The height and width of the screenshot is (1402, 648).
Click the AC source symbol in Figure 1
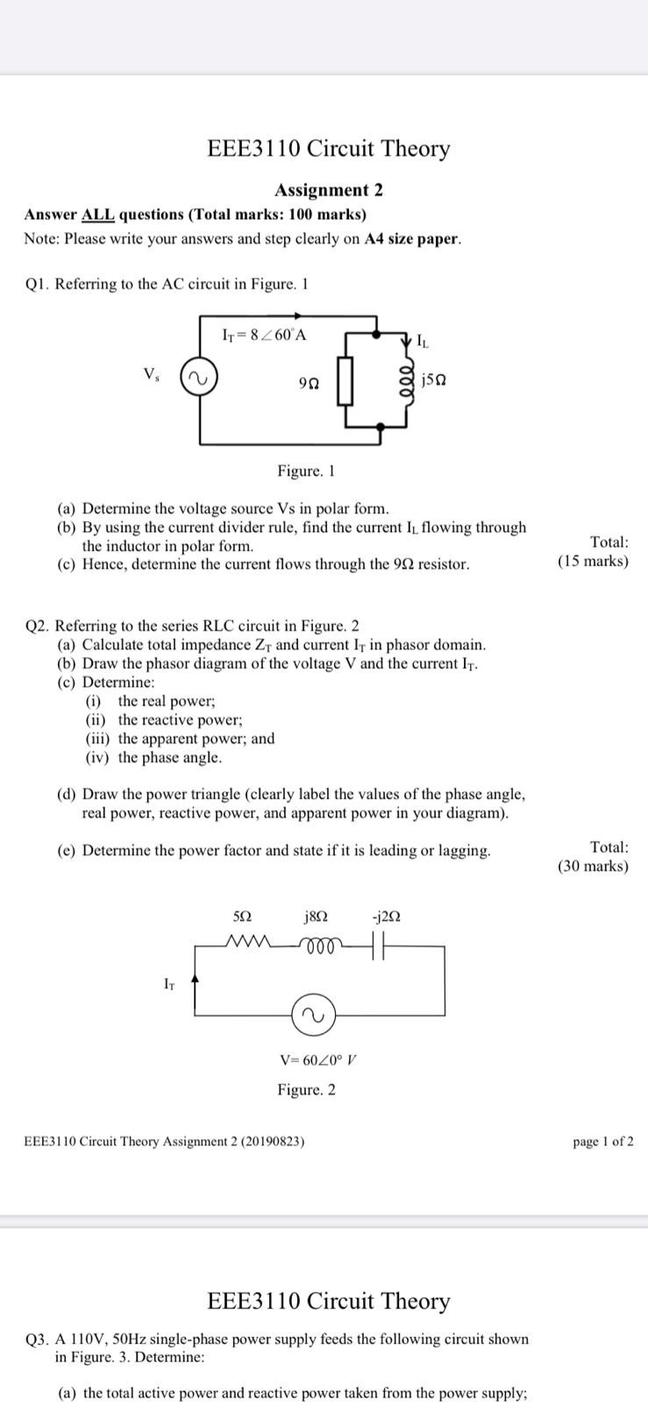[199, 379]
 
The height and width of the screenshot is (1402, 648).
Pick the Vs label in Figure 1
[152, 374]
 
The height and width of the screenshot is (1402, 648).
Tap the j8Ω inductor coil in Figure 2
[317, 944]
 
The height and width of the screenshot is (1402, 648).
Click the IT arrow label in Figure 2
[169, 984]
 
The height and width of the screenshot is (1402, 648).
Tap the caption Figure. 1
[306, 471]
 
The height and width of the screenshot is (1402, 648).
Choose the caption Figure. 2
[306, 1089]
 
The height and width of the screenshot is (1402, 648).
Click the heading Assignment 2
[329, 190]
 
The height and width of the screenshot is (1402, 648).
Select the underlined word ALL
[98, 215]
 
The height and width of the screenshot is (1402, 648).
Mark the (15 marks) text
[593, 561]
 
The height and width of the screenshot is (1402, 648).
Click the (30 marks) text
[593, 866]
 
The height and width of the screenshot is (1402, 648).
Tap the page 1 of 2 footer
[603, 1141]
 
